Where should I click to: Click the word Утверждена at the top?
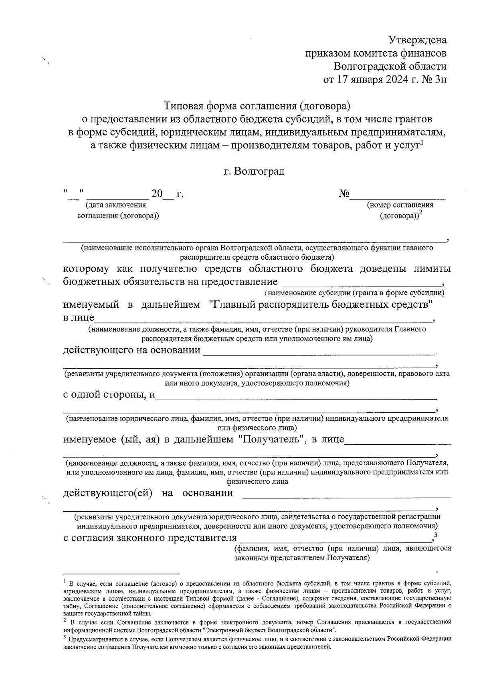click(417, 40)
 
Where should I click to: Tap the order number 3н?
click(439, 79)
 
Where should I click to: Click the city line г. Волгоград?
click(254, 172)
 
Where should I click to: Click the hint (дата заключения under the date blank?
click(115, 205)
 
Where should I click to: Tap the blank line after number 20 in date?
click(169, 198)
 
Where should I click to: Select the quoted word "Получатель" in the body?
click(271, 439)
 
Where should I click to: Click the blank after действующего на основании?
click(319, 354)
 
